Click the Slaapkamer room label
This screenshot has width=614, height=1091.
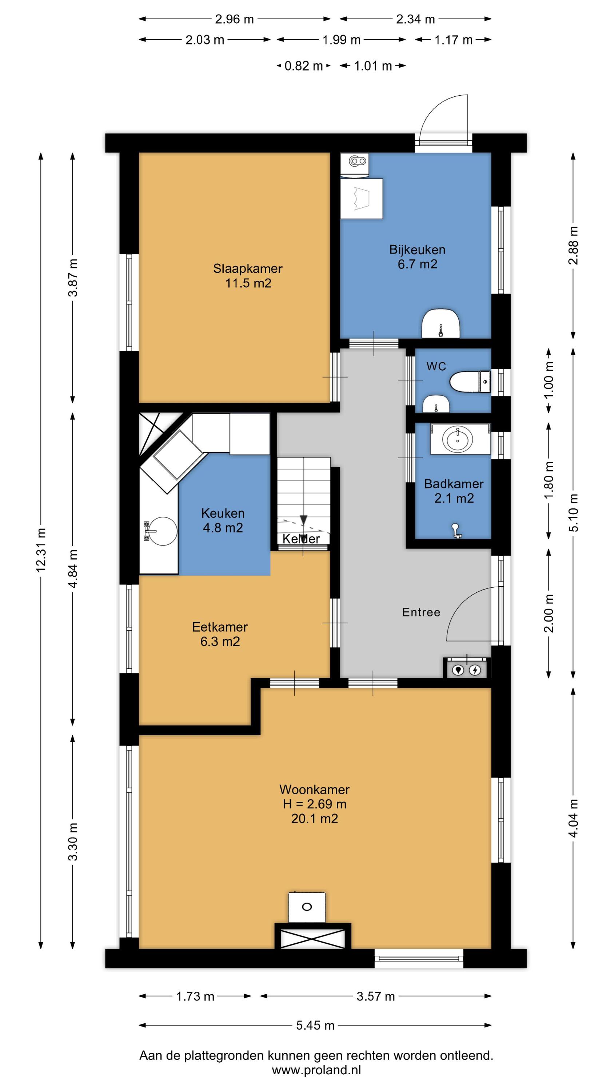(247, 268)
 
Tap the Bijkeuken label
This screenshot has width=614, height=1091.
(417, 250)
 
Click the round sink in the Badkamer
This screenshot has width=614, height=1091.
(458, 440)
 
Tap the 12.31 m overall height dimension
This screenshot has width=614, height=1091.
(41, 550)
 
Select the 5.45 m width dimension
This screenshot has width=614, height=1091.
(315, 1025)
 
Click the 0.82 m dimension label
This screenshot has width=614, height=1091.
(303, 66)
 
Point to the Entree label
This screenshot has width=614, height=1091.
(421, 612)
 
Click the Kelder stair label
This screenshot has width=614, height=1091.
(301, 539)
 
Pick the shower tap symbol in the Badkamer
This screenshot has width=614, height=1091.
(456, 531)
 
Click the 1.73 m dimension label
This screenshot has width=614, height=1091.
(195, 996)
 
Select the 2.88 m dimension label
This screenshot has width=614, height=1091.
(573, 245)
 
